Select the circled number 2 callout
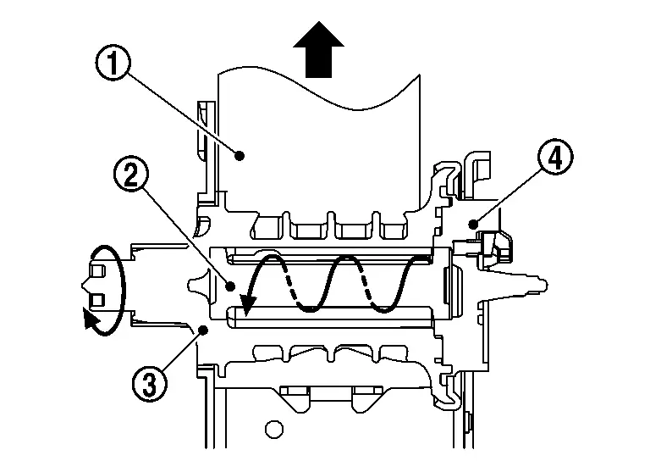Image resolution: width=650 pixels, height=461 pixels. pyautogui.click(x=131, y=175)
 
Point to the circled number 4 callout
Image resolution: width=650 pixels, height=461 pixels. pyautogui.click(x=555, y=157)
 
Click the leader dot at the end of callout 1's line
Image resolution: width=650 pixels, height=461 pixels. pyautogui.click(x=240, y=156)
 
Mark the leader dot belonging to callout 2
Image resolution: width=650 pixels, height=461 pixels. pyautogui.click(x=231, y=286)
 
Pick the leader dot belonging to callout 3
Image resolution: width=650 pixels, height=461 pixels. pyautogui.click(x=203, y=330)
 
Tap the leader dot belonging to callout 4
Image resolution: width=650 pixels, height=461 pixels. pyautogui.click(x=473, y=225)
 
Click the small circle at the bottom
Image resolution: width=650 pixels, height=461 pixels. pyautogui.click(x=273, y=429)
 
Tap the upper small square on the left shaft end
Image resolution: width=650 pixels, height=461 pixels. pyautogui.click(x=96, y=271)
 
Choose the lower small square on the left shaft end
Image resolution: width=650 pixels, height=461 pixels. pyautogui.click(x=96, y=300)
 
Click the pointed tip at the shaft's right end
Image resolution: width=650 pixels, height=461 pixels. pyautogui.click(x=546, y=285)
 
